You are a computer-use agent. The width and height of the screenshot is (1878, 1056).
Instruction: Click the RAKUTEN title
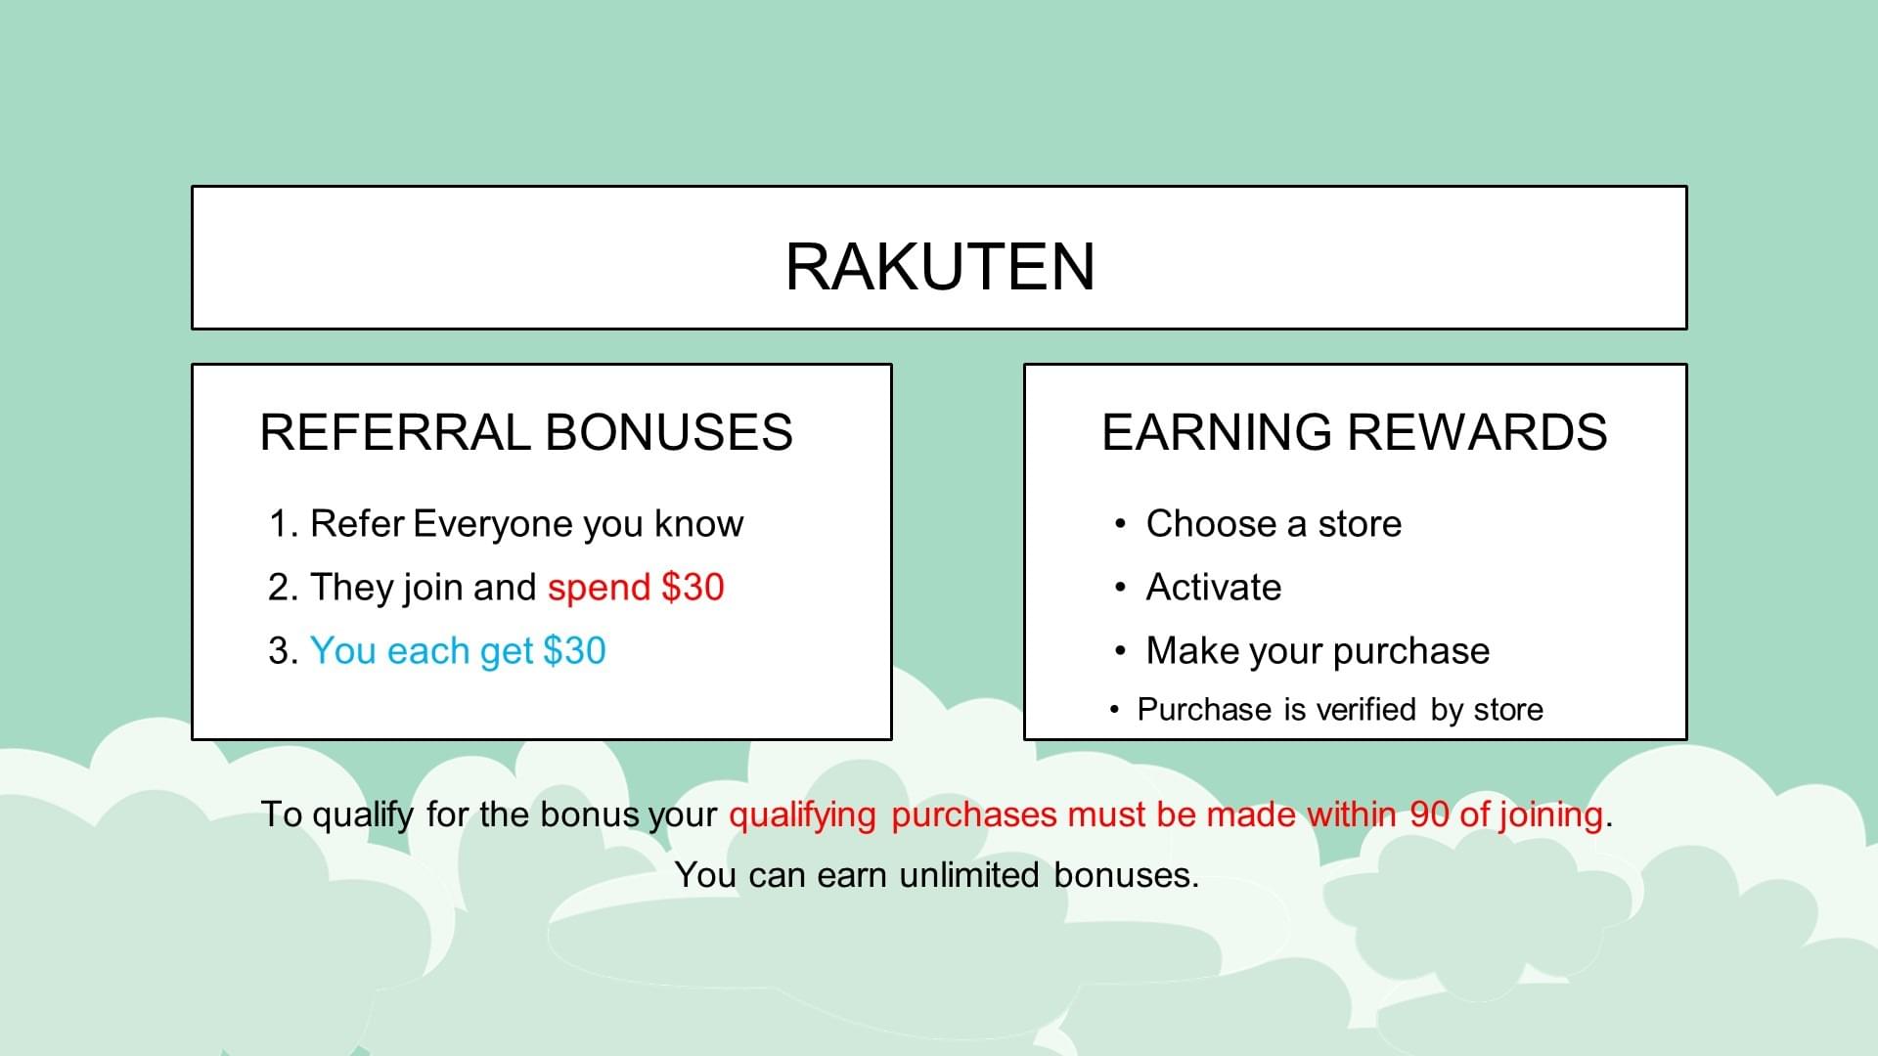[x=940, y=267]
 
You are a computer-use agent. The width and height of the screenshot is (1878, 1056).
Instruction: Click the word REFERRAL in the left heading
[x=394, y=432]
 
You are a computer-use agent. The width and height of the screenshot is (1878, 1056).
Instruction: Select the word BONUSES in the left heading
[x=669, y=432]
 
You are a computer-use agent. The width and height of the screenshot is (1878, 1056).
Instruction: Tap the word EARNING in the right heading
[x=1217, y=432]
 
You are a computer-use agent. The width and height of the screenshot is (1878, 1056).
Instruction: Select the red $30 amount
[x=693, y=588]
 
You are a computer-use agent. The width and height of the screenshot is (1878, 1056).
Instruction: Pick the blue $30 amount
[x=574, y=651]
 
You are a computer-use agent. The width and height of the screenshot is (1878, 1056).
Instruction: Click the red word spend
[x=599, y=590]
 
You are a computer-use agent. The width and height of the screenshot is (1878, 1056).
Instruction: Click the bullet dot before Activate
[x=1120, y=588]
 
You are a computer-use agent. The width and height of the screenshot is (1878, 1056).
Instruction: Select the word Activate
[x=1214, y=588]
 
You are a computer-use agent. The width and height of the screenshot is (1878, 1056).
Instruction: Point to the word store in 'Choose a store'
[x=1360, y=525]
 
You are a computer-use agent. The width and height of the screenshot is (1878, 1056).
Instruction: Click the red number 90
[x=1429, y=814]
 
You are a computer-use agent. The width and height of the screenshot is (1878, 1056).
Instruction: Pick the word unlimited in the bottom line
[x=969, y=875]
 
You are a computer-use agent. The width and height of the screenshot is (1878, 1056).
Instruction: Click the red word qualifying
[x=802, y=815]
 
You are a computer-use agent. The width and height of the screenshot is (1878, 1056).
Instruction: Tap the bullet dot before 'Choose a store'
[x=1120, y=524]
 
